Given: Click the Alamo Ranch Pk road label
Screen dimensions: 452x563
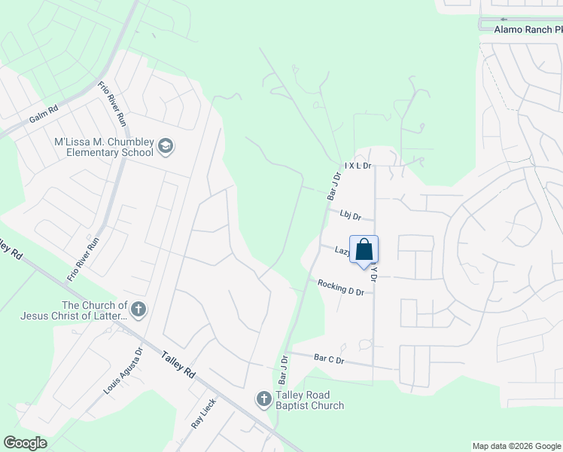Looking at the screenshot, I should point(528,29).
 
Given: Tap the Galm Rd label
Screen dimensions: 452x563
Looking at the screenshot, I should point(44,115).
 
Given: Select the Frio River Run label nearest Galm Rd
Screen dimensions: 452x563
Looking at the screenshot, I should point(112,104).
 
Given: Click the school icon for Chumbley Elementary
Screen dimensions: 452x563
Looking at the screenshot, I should point(166,146).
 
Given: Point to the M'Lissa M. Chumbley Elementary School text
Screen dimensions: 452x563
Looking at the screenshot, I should point(104,146).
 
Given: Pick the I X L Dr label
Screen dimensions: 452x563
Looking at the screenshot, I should point(358,164).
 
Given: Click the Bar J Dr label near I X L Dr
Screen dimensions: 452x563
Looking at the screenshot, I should point(334,185).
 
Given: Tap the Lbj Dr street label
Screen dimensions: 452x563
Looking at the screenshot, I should point(350,215).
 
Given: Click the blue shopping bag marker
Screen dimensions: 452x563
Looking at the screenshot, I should point(364,249).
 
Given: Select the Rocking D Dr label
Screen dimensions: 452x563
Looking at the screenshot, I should point(341,287).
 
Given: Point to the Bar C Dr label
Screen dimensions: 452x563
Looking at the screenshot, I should point(329,359).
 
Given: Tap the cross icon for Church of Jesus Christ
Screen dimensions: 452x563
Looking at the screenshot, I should point(138,309).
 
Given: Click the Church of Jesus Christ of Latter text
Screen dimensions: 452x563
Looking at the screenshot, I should point(93,310).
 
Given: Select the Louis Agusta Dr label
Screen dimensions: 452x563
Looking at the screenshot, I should point(121,371).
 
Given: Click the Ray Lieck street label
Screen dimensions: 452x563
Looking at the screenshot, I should point(203,413).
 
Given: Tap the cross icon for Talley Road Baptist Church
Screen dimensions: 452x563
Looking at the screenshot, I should point(263,399).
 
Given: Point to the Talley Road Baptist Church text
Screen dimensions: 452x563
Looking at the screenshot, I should point(309,400).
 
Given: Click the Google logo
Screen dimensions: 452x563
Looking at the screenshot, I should point(26,443).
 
